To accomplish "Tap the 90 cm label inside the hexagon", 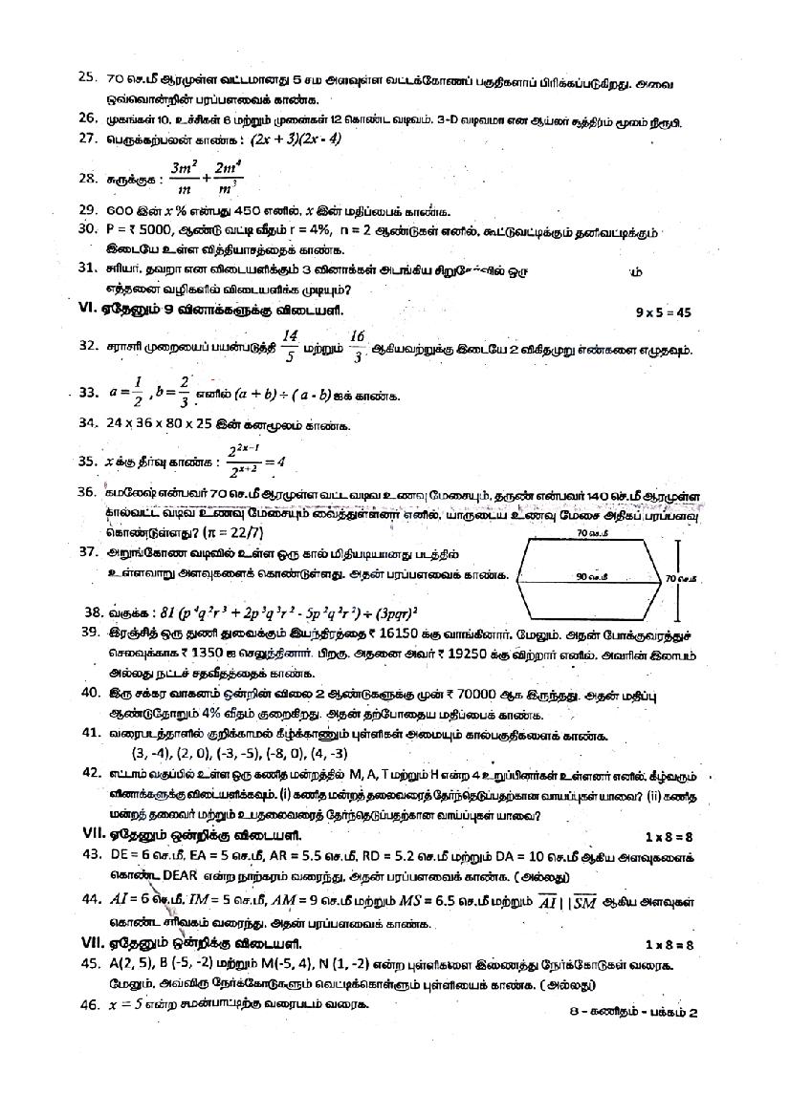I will (589, 577).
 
